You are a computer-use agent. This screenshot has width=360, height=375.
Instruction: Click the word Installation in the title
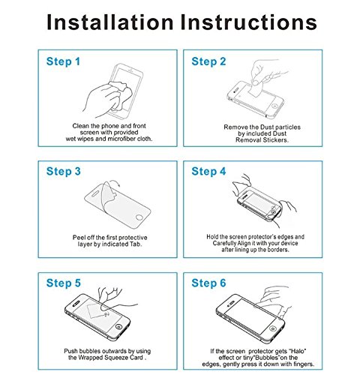[110, 22]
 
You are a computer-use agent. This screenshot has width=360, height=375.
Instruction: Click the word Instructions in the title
[248, 22]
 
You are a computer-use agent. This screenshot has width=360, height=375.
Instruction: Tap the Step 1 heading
[63, 61]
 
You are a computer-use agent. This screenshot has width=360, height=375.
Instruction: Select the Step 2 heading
[208, 61]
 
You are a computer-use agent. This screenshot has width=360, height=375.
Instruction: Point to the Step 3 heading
[64, 172]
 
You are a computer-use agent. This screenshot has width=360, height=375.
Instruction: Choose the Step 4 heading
[208, 172]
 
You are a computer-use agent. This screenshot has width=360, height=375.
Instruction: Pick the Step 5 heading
[64, 283]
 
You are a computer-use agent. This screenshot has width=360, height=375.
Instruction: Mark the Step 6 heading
[208, 283]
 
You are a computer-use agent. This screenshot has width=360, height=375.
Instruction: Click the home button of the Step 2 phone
[274, 106]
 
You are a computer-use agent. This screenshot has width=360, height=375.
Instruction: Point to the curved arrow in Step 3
[115, 182]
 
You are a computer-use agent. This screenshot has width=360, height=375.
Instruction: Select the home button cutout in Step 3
[139, 217]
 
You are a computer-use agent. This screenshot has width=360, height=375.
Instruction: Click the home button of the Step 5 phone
[118, 327]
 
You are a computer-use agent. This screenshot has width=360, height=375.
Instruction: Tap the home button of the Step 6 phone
[272, 328]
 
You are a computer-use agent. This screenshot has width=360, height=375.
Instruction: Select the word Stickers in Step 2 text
[275, 140]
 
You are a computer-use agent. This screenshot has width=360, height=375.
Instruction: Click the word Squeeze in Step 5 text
[116, 358]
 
